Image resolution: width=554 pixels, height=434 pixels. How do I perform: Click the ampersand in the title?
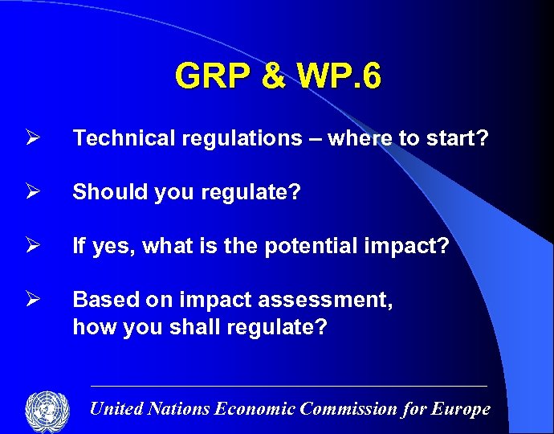274,76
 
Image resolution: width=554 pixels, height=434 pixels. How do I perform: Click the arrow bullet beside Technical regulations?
32,138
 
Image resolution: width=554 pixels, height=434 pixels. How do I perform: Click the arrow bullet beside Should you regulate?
32,192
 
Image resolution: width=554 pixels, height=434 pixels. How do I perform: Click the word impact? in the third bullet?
409,246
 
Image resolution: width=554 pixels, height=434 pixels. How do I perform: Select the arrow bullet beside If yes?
32,246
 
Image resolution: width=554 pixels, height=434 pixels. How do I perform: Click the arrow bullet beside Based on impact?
32,300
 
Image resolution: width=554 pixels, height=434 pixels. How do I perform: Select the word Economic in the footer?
255,409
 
